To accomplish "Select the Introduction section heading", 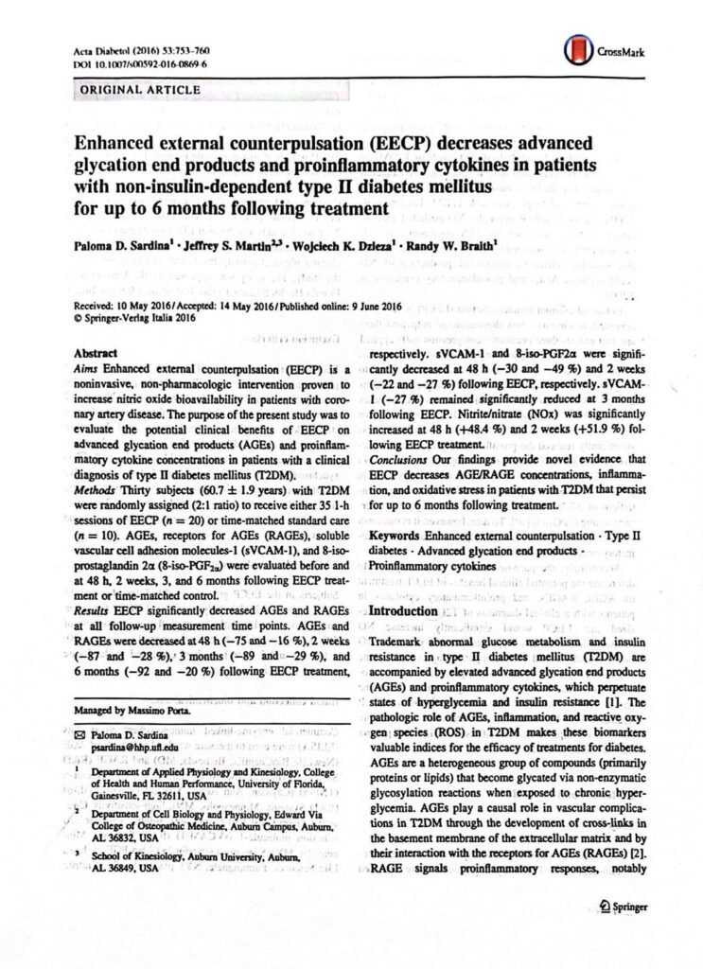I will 410,611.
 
